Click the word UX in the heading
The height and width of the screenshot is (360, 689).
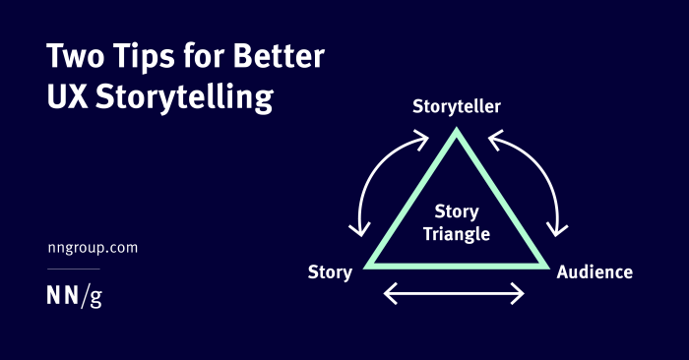click(x=68, y=98)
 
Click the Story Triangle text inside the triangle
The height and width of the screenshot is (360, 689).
click(x=457, y=224)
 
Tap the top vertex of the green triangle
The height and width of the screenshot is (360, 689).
click(x=456, y=134)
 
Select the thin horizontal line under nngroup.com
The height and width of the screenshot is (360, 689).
click(x=74, y=269)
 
